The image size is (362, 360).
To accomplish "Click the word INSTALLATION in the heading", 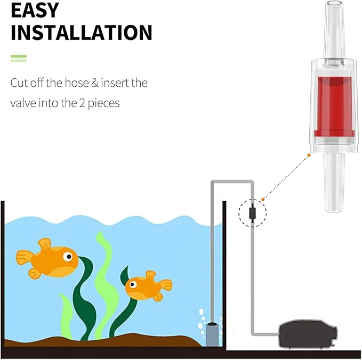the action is click(82, 32).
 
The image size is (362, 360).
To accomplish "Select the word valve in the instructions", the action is click(23, 103).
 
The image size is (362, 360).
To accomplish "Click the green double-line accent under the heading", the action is click(19, 59).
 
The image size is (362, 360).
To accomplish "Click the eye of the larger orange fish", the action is click(68, 257).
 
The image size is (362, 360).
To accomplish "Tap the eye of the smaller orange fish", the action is click(133, 284).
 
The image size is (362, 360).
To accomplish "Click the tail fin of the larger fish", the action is click(25, 258).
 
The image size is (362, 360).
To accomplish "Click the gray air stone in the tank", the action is click(212, 334).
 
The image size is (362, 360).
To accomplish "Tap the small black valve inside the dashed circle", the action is click(252, 213).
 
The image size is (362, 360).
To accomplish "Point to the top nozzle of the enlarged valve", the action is click(334, 30).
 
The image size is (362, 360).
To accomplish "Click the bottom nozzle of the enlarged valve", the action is click(334, 182).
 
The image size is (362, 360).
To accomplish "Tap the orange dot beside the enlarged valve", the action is click(309, 155).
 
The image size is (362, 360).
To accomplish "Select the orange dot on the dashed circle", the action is click(263, 199).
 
